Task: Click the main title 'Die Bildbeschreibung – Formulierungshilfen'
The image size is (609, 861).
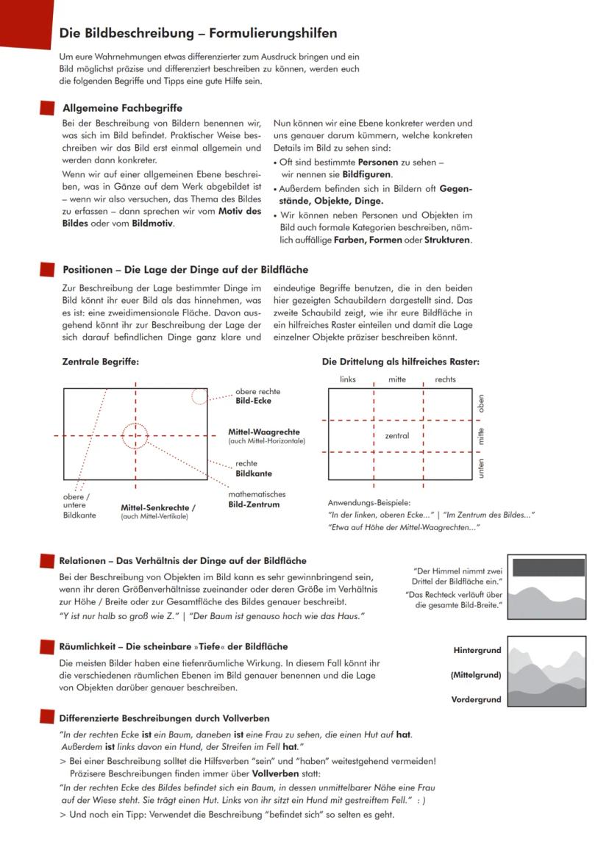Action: (x=198, y=33)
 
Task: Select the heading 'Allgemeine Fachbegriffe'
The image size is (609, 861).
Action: (x=122, y=108)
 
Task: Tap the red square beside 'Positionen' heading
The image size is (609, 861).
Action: (x=48, y=270)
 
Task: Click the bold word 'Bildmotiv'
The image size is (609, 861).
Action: (x=153, y=223)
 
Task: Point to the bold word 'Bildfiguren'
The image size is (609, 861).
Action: (x=367, y=174)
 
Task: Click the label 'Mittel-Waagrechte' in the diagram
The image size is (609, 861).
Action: (x=263, y=432)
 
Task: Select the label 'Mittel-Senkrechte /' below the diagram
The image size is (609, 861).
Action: (x=158, y=507)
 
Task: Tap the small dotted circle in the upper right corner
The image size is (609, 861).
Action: (x=199, y=396)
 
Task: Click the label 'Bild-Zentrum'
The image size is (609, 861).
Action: (x=254, y=504)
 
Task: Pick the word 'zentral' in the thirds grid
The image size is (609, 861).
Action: (x=396, y=436)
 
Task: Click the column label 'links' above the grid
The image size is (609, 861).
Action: (x=348, y=379)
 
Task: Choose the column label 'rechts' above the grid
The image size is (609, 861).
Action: (x=445, y=379)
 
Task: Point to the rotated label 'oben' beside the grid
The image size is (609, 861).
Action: (x=482, y=403)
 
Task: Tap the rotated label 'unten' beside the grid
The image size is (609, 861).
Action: (x=482, y=468)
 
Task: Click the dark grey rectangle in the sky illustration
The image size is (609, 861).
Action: (x=548, y=567)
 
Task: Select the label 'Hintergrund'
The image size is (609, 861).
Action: (x=477, y=651)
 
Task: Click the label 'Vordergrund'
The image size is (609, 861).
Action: (x=476, y=699)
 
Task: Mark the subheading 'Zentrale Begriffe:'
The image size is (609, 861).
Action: (x=100, y=362)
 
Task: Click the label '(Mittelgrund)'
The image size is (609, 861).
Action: (x=476, y=675)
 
